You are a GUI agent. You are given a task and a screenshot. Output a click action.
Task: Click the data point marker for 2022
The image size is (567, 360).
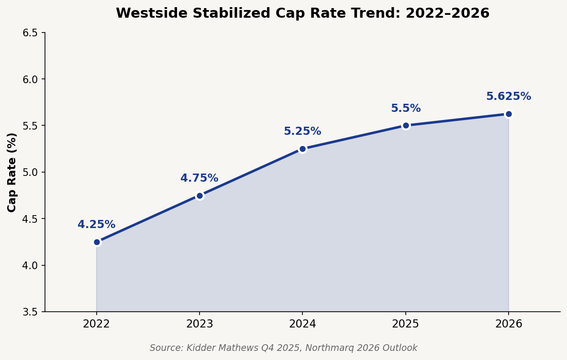click(97, 242)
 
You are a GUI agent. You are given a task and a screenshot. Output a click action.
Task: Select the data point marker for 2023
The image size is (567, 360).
click(200, 196)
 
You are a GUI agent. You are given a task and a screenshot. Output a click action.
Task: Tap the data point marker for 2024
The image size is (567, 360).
click(302, 149)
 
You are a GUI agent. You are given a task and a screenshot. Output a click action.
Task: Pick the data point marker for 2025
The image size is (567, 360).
click(406, 125)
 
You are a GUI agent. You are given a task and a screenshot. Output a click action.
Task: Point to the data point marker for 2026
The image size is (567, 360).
click(509, 114)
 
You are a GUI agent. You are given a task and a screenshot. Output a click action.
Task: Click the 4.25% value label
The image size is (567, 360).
click(96, 225)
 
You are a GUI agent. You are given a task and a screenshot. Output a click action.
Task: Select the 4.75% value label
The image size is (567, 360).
click(199, 178)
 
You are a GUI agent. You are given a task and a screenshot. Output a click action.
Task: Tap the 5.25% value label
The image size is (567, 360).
click(302, 131)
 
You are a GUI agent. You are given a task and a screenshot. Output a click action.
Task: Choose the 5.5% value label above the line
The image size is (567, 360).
click(406, 109)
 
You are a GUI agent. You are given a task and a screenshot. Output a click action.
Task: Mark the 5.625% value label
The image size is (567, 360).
click(509, 97)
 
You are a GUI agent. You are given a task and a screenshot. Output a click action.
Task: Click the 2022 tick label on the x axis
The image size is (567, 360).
click(97, 324)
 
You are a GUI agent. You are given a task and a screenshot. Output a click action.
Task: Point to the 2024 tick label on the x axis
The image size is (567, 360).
click(302, 324)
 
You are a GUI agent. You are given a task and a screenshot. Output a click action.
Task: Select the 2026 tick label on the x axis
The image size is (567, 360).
click(509, 324)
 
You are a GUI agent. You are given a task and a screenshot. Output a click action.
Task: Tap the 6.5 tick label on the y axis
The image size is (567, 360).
click(30, 33)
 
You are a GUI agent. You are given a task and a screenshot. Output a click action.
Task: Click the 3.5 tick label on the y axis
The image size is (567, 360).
click(30, 312)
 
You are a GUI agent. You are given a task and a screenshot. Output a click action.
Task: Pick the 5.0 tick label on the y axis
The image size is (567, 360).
click(30, 172)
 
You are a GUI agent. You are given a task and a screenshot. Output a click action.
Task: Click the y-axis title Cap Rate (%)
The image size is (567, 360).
click(12, 172)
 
